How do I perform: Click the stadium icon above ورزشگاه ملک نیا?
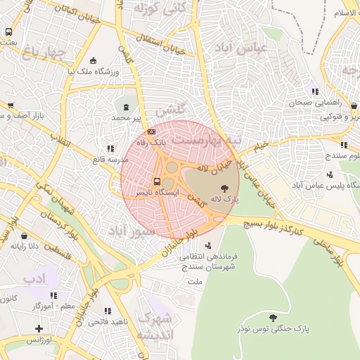pyautogui.click(x=94, y=60)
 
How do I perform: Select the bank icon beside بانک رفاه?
pyautogui.click(x=151, y=131)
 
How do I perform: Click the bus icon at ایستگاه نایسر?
pyautogui.click(x=156, y=179)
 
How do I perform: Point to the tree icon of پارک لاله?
pyautogui.click(x=224, y=188)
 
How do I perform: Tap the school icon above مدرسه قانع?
pyautogui.click(x=110, y=148)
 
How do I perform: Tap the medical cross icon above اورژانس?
pyautogui.click(x=38, y=328)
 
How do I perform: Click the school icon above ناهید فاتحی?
pyautogui.click(x=108, y=310)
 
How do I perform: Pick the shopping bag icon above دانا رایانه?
pyautogui.click(x=25, y=236)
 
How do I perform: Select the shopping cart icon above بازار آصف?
pyautogui.click(x=10, y=105)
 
